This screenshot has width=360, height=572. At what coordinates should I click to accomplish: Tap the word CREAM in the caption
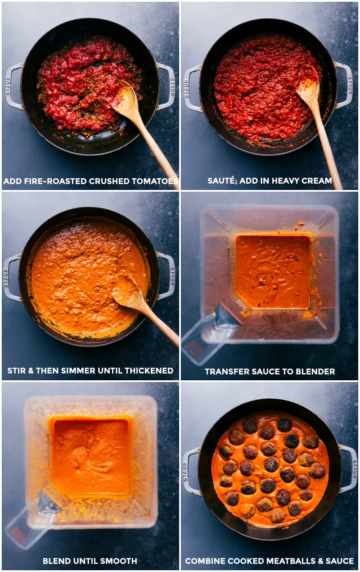[x=317, y=181]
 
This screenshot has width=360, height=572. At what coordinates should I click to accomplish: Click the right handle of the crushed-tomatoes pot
[x=166, y=86]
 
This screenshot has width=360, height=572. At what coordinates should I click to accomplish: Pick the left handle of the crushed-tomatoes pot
[x=13, y=86]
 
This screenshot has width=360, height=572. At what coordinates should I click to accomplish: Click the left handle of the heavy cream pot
[x=191, y=88]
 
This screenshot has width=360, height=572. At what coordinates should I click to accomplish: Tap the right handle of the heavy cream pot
[x=345, y=86]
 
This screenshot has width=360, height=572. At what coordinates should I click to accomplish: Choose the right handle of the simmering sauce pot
[x=167, y=275]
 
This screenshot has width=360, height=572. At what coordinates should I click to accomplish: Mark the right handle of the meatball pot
[x=349, y=468]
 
